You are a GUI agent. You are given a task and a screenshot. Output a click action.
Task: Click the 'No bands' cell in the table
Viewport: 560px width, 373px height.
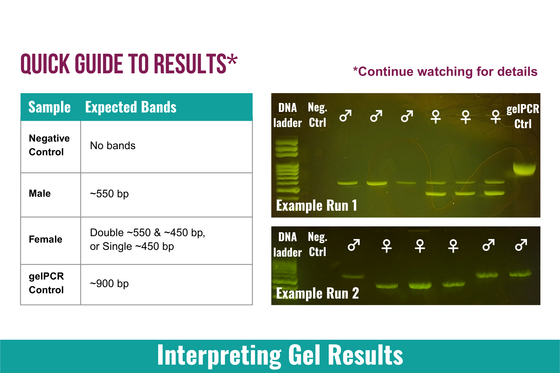[113, 146]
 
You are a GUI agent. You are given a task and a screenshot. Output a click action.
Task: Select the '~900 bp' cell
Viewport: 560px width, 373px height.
[109, 283]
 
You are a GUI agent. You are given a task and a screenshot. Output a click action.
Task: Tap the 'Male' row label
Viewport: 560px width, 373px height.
[40, 193]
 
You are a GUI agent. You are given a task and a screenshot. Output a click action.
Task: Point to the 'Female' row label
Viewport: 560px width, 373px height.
[45, 239]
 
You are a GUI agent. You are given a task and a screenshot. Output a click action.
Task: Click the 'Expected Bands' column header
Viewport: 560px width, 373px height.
[131, 107]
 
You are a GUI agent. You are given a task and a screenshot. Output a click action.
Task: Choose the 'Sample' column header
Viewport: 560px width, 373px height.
[49, 107]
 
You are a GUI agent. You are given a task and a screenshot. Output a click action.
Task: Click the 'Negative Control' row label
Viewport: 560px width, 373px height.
[49, 145]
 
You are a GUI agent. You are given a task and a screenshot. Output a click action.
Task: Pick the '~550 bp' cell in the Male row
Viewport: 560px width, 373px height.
[109, 194]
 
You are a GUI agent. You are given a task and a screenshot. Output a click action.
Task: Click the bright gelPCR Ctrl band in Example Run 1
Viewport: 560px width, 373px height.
[524, 168]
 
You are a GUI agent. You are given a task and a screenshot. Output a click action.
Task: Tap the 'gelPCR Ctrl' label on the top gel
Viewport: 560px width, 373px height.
[523, 116]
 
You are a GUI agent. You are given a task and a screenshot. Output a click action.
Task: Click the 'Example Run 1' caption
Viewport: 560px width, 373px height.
[316, 205]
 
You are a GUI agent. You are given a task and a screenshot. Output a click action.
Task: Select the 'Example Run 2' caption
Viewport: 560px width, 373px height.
[317, 293]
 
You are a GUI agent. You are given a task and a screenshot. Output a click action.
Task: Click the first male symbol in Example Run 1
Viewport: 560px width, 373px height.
[346, 116]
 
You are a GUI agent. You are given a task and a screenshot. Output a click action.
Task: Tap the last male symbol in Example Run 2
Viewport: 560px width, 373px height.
[521, 245]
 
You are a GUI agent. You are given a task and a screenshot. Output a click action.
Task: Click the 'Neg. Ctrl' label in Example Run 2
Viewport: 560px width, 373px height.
[318, 244]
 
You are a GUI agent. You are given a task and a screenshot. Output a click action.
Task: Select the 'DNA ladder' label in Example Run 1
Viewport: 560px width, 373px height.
[288, 115]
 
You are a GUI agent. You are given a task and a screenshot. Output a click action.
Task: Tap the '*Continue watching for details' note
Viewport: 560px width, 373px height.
[445, 72]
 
